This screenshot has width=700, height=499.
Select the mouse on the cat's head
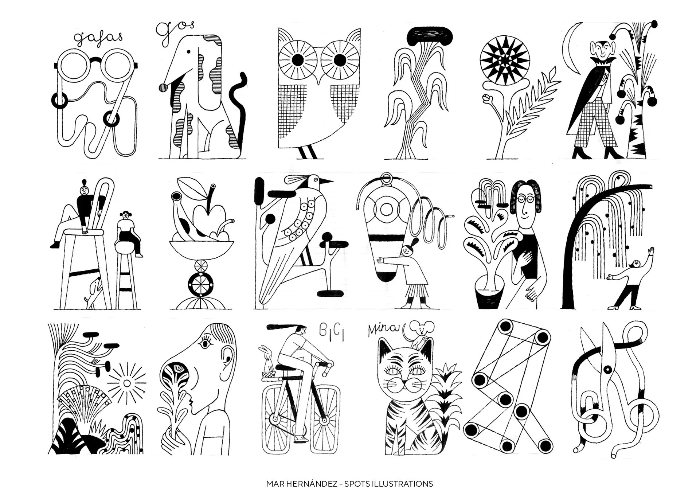[x=421, y=332]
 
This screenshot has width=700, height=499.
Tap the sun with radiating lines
[x=126, y=383]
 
